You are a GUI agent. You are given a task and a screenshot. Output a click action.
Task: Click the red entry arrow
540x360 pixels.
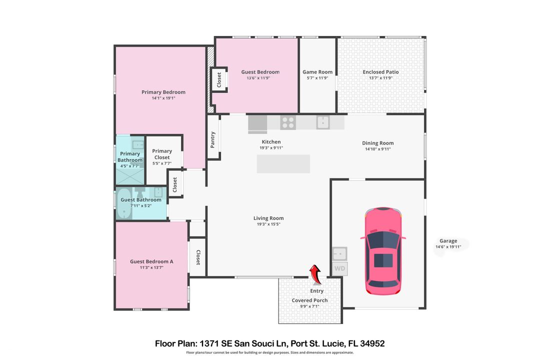(x=315, y=274)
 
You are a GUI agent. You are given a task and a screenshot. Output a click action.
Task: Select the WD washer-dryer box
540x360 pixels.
(x=339, y=268)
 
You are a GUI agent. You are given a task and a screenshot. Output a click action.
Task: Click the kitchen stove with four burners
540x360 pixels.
(x=287, y=121)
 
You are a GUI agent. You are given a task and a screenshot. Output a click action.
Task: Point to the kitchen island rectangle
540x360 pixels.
(x=283, y=164)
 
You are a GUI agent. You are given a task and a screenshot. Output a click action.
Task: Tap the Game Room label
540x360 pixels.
(x=317, y=72)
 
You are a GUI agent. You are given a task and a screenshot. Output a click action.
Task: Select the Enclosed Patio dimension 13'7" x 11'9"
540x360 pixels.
(x=380, y=78)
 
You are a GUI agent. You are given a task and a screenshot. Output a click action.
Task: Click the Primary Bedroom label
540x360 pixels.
(x=163, y=92)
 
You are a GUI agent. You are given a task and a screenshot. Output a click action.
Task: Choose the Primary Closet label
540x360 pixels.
(x=162, y=154)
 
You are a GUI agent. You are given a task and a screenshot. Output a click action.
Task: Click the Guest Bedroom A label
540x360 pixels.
(x=151, y=261)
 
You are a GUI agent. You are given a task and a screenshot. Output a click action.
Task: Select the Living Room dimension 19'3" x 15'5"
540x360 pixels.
(x=269, y=224)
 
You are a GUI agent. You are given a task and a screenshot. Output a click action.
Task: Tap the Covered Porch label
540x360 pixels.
(x=310, y=300)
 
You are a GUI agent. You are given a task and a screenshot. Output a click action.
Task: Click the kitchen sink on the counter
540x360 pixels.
(x=323, y=121)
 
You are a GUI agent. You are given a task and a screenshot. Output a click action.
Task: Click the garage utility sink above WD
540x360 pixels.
(x=339, y=253)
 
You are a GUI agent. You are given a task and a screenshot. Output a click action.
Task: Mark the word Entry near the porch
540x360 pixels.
(x=317, y=291)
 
